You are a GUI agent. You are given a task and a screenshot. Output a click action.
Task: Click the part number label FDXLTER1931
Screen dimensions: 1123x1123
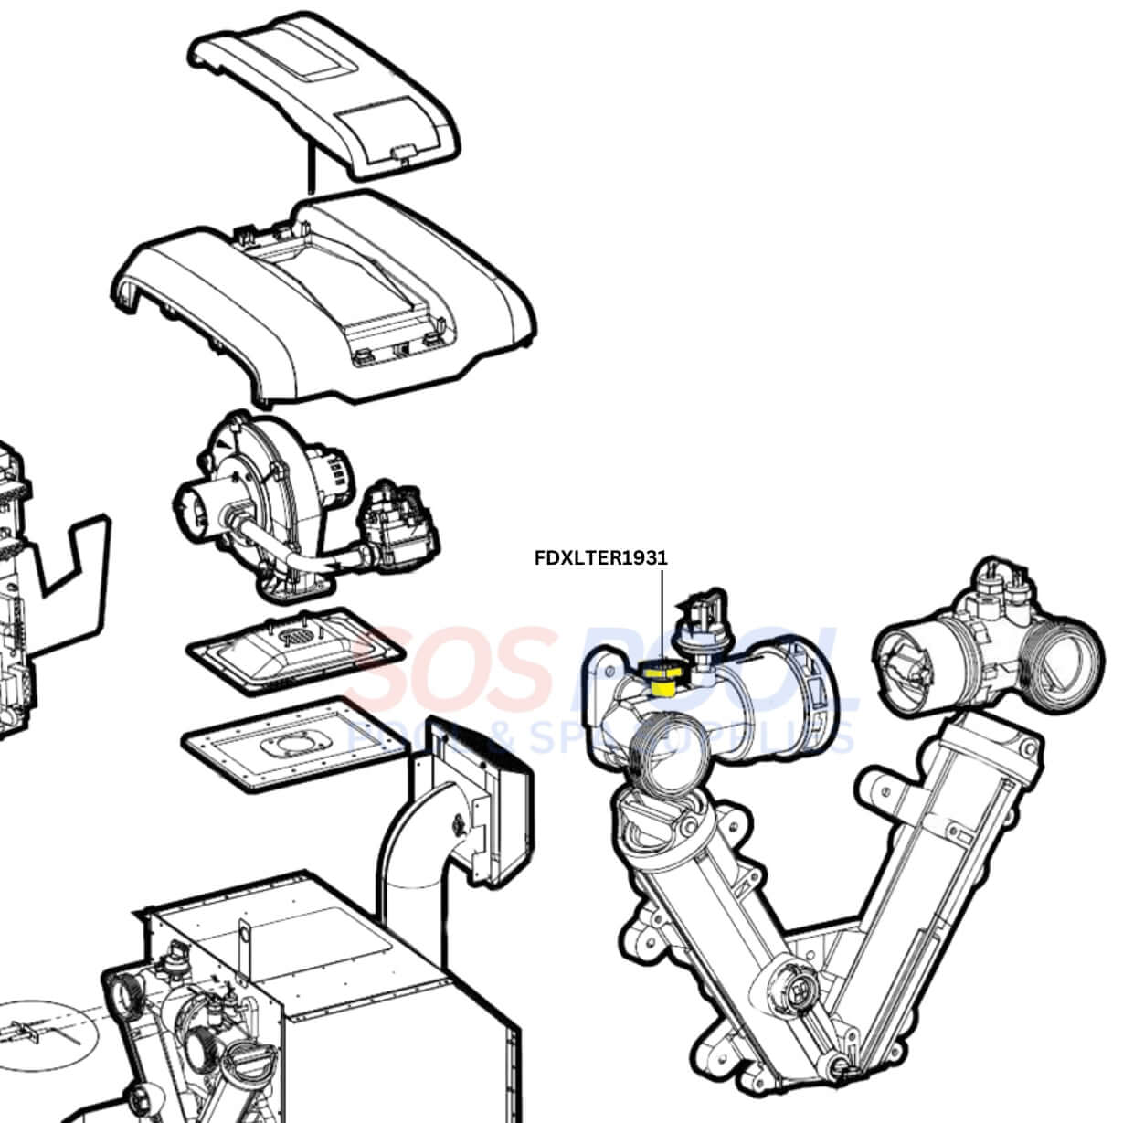tap(600, 557)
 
